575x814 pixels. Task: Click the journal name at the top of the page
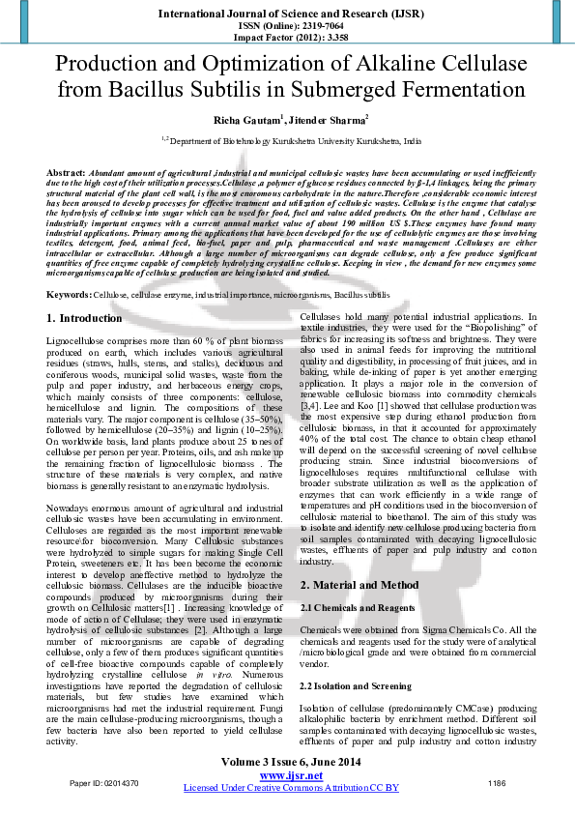point(288,12)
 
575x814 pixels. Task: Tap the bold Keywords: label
point(70,266)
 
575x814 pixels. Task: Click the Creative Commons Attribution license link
point(291,788)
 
